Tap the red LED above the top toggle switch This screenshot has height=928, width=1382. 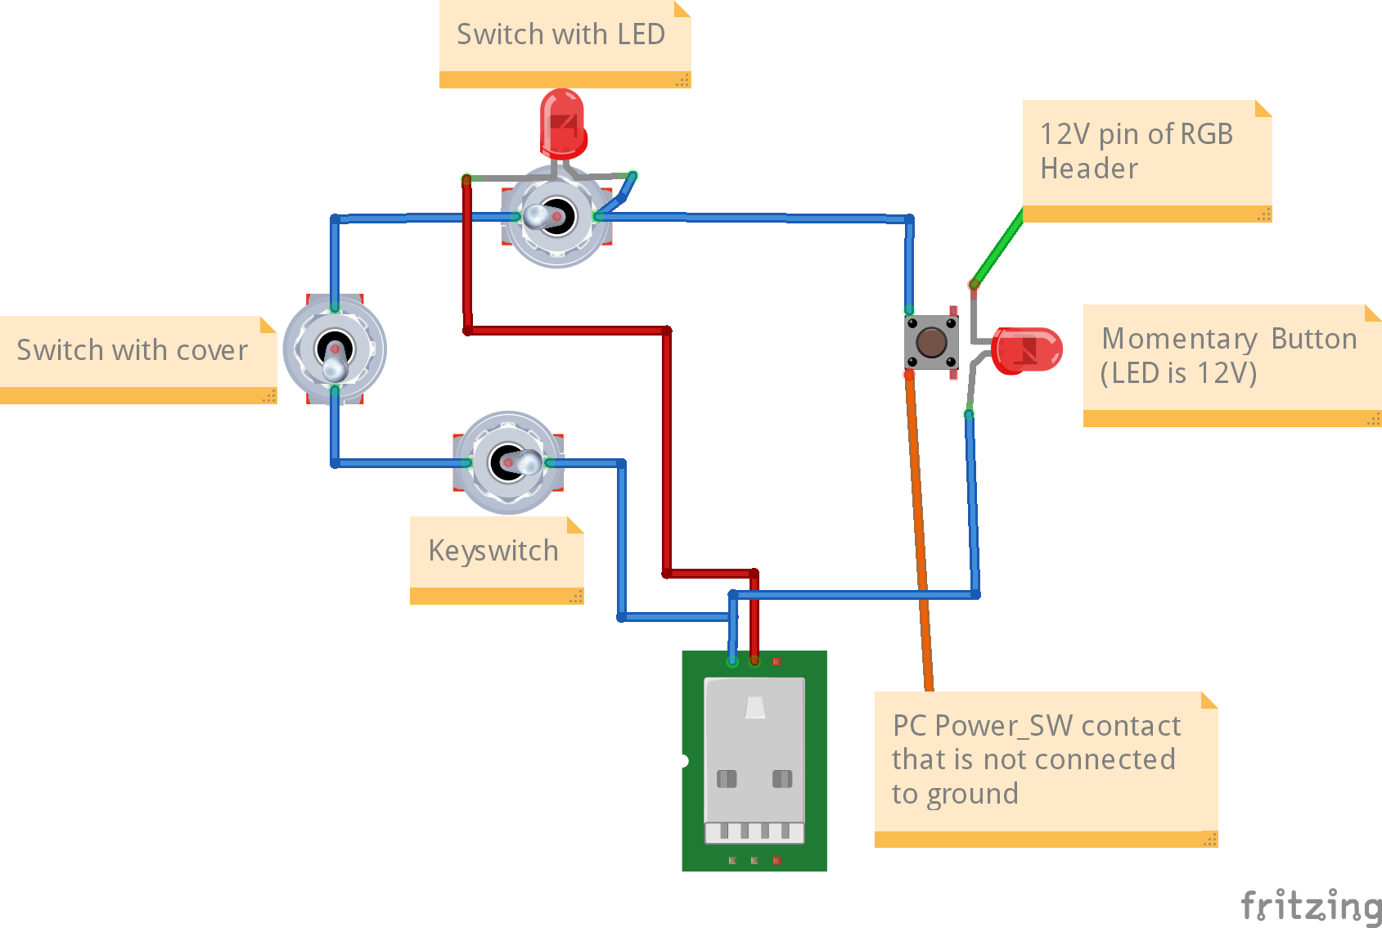pyautogui.click(x=562, y=123)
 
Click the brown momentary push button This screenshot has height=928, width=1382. pyautogui.click(x=931, y=342)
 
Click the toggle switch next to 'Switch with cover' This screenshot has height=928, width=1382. pyautogui.click(x=335, y=350)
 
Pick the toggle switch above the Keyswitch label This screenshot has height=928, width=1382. pyautogui.click(x=508, y=462)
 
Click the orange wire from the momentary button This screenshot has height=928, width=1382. pyautogui.click(x=919, y=532)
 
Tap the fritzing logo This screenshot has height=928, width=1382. pyautogui.click(x=1311, y=905)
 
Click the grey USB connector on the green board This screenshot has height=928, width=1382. pyautogui.click(x=754, y=761)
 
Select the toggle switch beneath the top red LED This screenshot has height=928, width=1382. pyautogui.click(x=556, y=217)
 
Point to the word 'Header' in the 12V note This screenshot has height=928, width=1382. pyautogui.click(x=1089, y=169)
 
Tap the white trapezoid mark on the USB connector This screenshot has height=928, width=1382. pyautogui.click(x=755, y=708)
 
